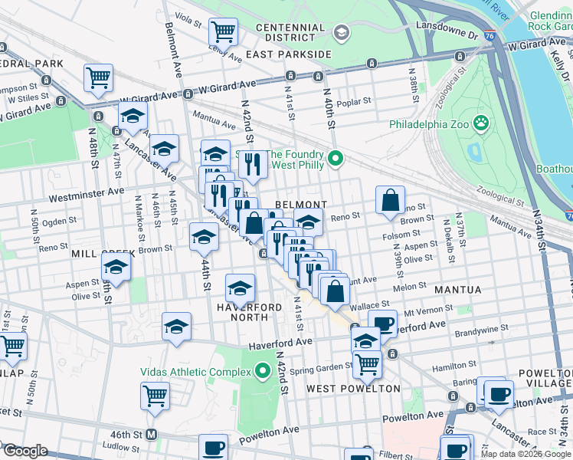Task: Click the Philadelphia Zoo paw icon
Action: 481,123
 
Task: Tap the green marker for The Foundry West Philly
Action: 335,159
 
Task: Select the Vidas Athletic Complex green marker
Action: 263,372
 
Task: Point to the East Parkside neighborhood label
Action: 288,54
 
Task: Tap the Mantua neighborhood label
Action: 457,290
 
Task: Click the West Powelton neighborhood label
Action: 353,389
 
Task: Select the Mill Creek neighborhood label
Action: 103,253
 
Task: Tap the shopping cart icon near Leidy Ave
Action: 223,32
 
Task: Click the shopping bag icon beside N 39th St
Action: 391,200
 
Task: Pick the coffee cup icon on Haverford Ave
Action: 382,323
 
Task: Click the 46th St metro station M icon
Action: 152,434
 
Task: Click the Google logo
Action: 25,451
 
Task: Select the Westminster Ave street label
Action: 86,196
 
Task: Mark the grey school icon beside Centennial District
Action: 342,32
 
